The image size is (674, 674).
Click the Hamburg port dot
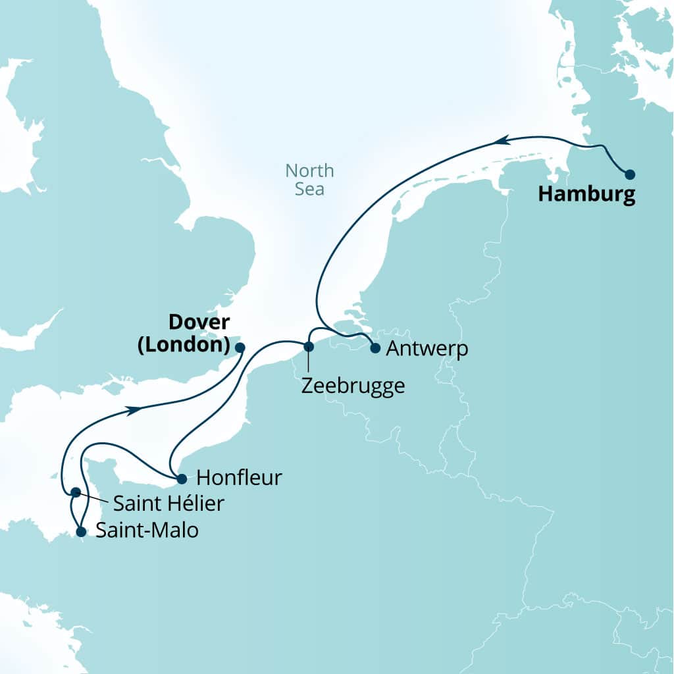click(630, 174)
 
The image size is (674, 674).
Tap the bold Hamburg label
click(586, 195)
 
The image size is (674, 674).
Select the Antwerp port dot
click(375, 348)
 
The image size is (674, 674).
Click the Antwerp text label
click(427, 349)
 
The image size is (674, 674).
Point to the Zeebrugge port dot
click(307, 346)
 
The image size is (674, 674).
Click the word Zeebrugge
click(352, 386)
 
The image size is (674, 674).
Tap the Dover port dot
click(240, 347)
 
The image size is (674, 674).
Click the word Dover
click(199, 323)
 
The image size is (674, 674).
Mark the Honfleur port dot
click(182, 479)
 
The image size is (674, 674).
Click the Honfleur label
click(239, 478)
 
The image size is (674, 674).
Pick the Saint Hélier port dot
click(76, 492)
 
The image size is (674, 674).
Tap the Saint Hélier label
click(168, 504)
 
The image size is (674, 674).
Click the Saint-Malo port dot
click(80, 532)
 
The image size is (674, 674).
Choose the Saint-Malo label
click(147, 531)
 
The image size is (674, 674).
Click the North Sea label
click(309, 180)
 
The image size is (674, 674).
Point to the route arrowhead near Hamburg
click(502, 140)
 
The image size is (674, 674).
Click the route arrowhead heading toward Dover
click(134, 409)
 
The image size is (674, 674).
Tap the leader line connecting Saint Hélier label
click(93, 498)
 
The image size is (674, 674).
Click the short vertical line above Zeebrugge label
click(307, 362)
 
